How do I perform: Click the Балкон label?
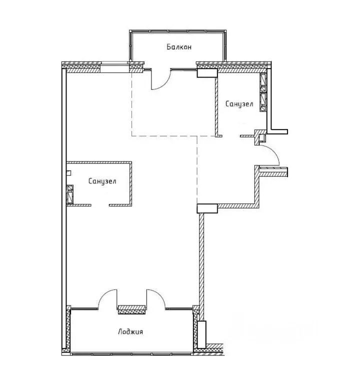[179, 47]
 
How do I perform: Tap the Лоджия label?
[132, 331]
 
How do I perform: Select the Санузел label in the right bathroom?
[239, 104]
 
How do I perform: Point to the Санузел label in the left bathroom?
[102, 181]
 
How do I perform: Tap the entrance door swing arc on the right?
[271, 154]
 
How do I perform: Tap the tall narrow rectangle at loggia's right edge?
[201, 334]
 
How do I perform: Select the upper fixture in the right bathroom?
[263, 82]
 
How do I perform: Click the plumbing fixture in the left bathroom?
[70, 192]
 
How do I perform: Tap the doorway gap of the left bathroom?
[100, 204]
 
